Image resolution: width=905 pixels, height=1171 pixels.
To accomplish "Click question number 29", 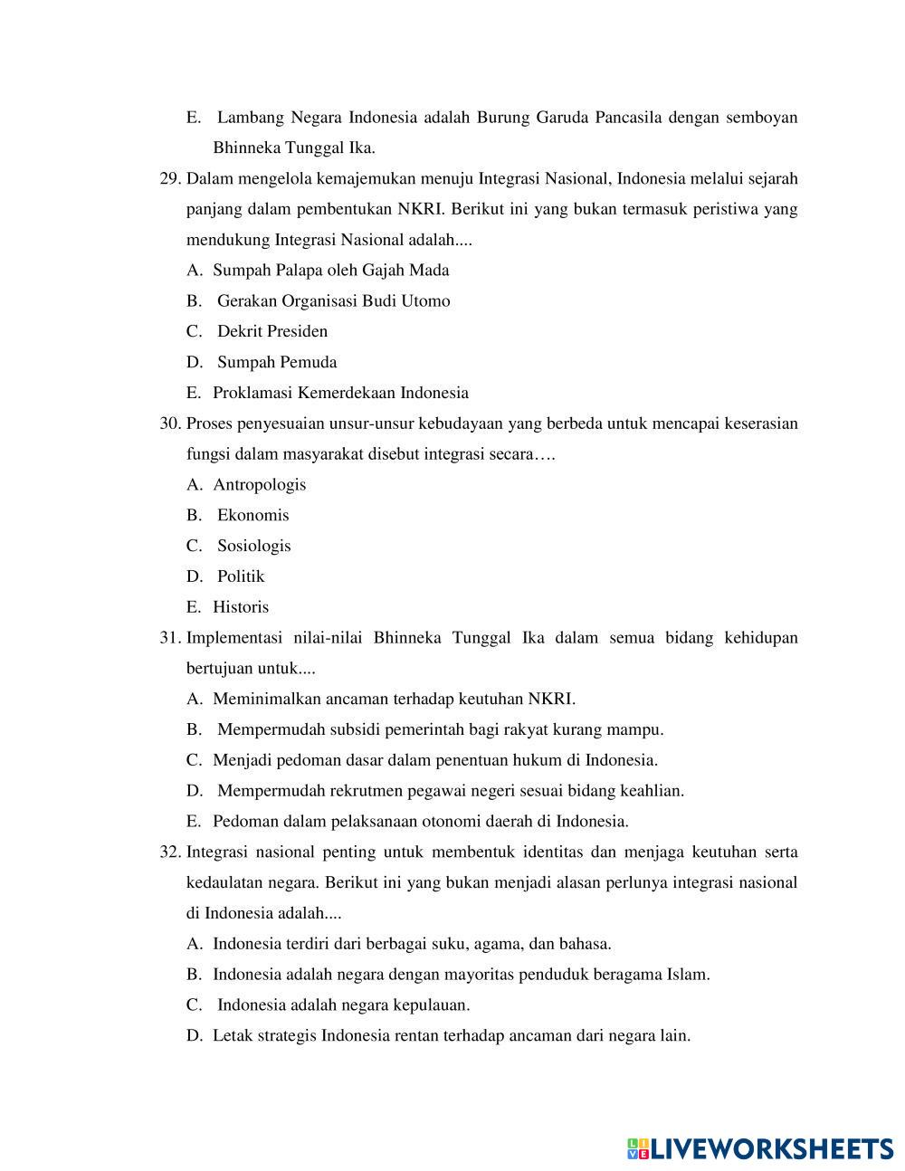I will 170,178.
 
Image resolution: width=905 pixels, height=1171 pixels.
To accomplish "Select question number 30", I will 170,424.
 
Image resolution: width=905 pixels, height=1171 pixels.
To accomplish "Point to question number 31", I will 170,638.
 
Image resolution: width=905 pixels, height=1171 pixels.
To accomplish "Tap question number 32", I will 170,852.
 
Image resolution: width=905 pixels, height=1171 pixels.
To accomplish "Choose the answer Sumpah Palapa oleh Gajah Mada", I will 330,271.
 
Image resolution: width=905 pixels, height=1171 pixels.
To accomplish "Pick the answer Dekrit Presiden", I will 272,331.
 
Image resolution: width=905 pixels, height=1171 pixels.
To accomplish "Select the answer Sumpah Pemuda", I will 277,362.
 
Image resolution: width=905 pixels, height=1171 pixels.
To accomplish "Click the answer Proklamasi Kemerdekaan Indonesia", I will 340,393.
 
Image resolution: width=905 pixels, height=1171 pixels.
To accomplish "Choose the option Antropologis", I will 260,485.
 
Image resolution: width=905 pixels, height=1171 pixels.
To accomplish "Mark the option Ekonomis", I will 253,516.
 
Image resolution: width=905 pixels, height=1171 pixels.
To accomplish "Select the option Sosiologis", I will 254,546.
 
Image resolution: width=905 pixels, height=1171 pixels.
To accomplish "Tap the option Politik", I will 241,576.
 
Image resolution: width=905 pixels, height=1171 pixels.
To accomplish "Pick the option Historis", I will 241,607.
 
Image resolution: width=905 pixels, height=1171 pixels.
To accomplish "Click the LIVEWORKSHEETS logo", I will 760,1148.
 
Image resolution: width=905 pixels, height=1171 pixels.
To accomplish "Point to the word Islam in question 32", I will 687,975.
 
